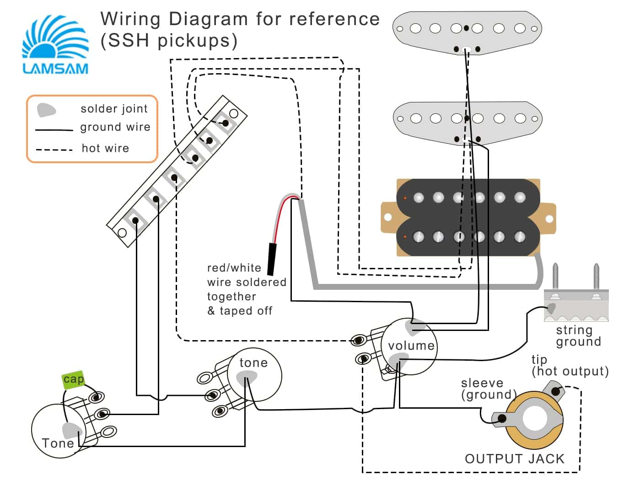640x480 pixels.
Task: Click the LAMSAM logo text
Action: click(55, 69)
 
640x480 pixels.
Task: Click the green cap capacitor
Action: click(73, 379)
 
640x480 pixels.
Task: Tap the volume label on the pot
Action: click(411, 346)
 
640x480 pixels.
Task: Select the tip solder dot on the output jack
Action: click(555, 391)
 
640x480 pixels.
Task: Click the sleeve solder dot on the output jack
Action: click(502, 418)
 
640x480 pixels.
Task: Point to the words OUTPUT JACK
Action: click(515, 459)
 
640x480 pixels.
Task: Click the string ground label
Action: click(578, 336)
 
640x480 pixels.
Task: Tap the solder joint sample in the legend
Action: click(46, 110)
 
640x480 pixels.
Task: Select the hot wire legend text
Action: click(105, 148)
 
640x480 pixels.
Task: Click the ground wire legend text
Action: click(115, 127)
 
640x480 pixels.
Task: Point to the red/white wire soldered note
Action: click(247, 289)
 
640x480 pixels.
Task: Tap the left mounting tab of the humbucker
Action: click(388, 218)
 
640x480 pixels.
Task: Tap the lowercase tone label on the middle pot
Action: click(253, 363)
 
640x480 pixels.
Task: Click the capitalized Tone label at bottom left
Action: click(58, 443)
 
